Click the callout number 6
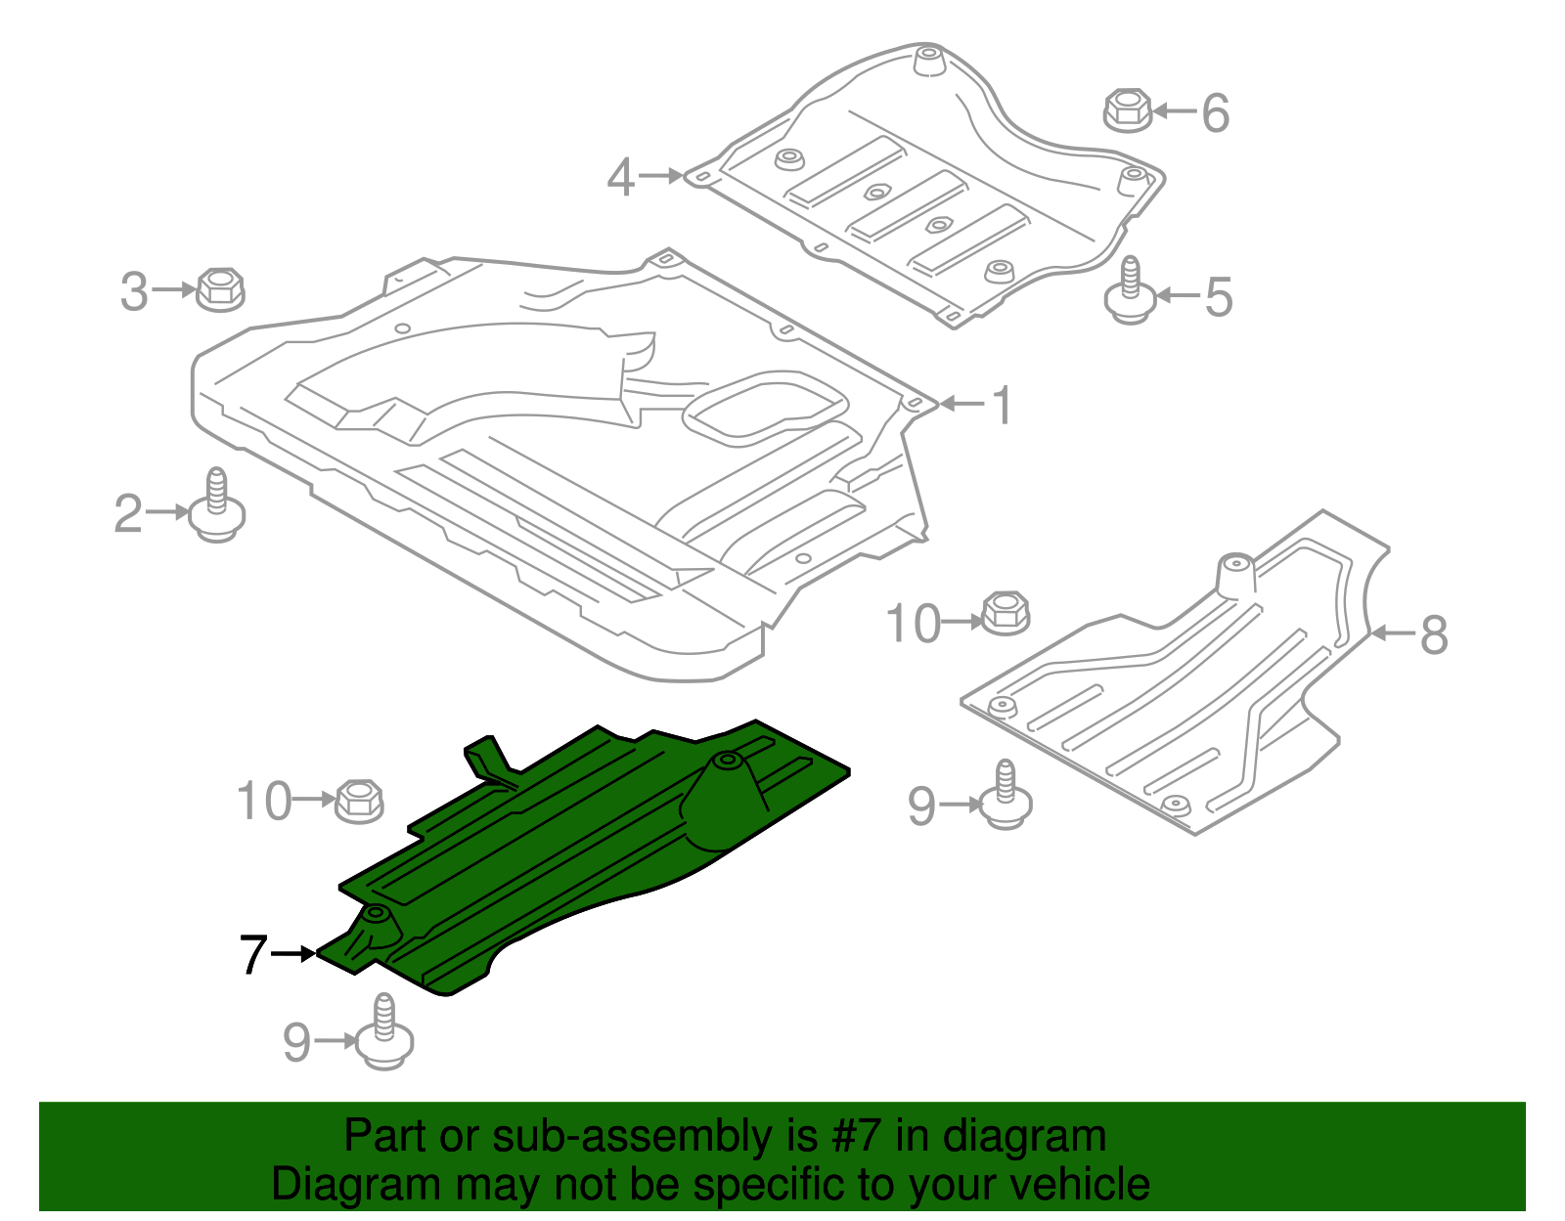(1215, 113)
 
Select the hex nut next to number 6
(1128, 110)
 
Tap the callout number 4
(621, 178)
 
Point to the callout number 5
(1218, 296)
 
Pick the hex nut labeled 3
(220, 290)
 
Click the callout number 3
(134, 291)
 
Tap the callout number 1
(1002, 405)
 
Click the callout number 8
(1433, 634)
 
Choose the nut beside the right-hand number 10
(1005, 613)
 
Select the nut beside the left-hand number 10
(359, 802)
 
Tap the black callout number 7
(253, 954)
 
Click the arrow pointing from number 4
(663, 176)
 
